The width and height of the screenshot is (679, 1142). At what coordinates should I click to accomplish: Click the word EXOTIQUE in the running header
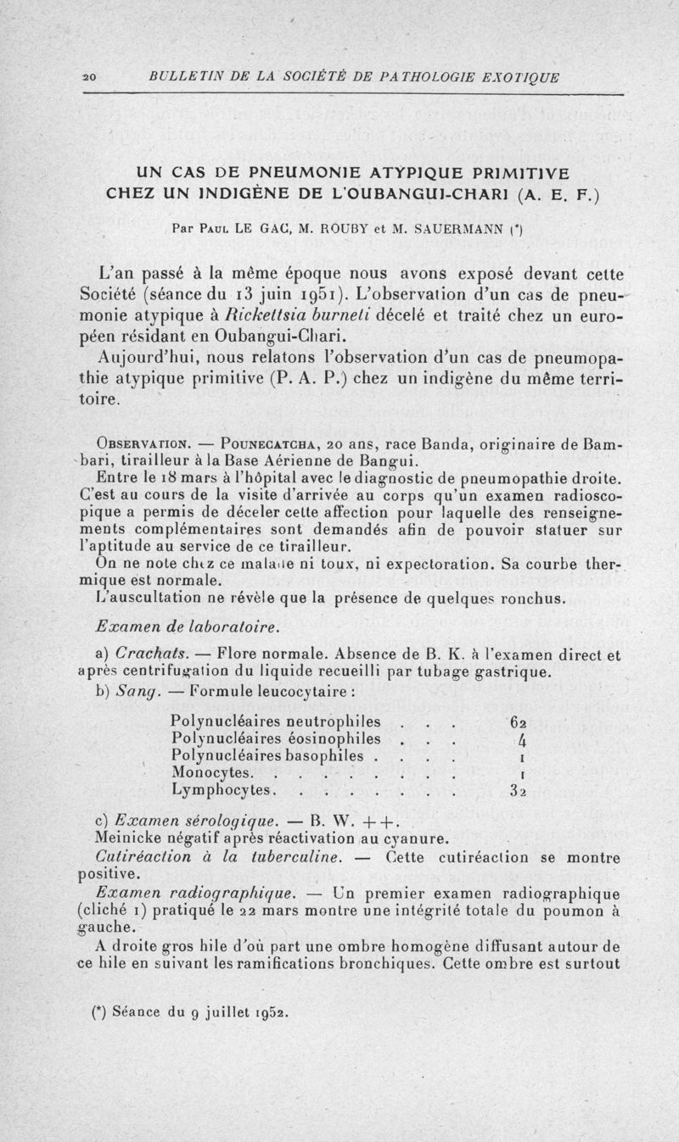pyautogui.click(x=520, y=77)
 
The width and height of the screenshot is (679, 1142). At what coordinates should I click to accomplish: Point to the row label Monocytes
pyautogui.click(x=210, y=773)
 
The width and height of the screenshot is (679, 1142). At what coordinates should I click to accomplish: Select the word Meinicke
pyautogui.click(x=126, y=840)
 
